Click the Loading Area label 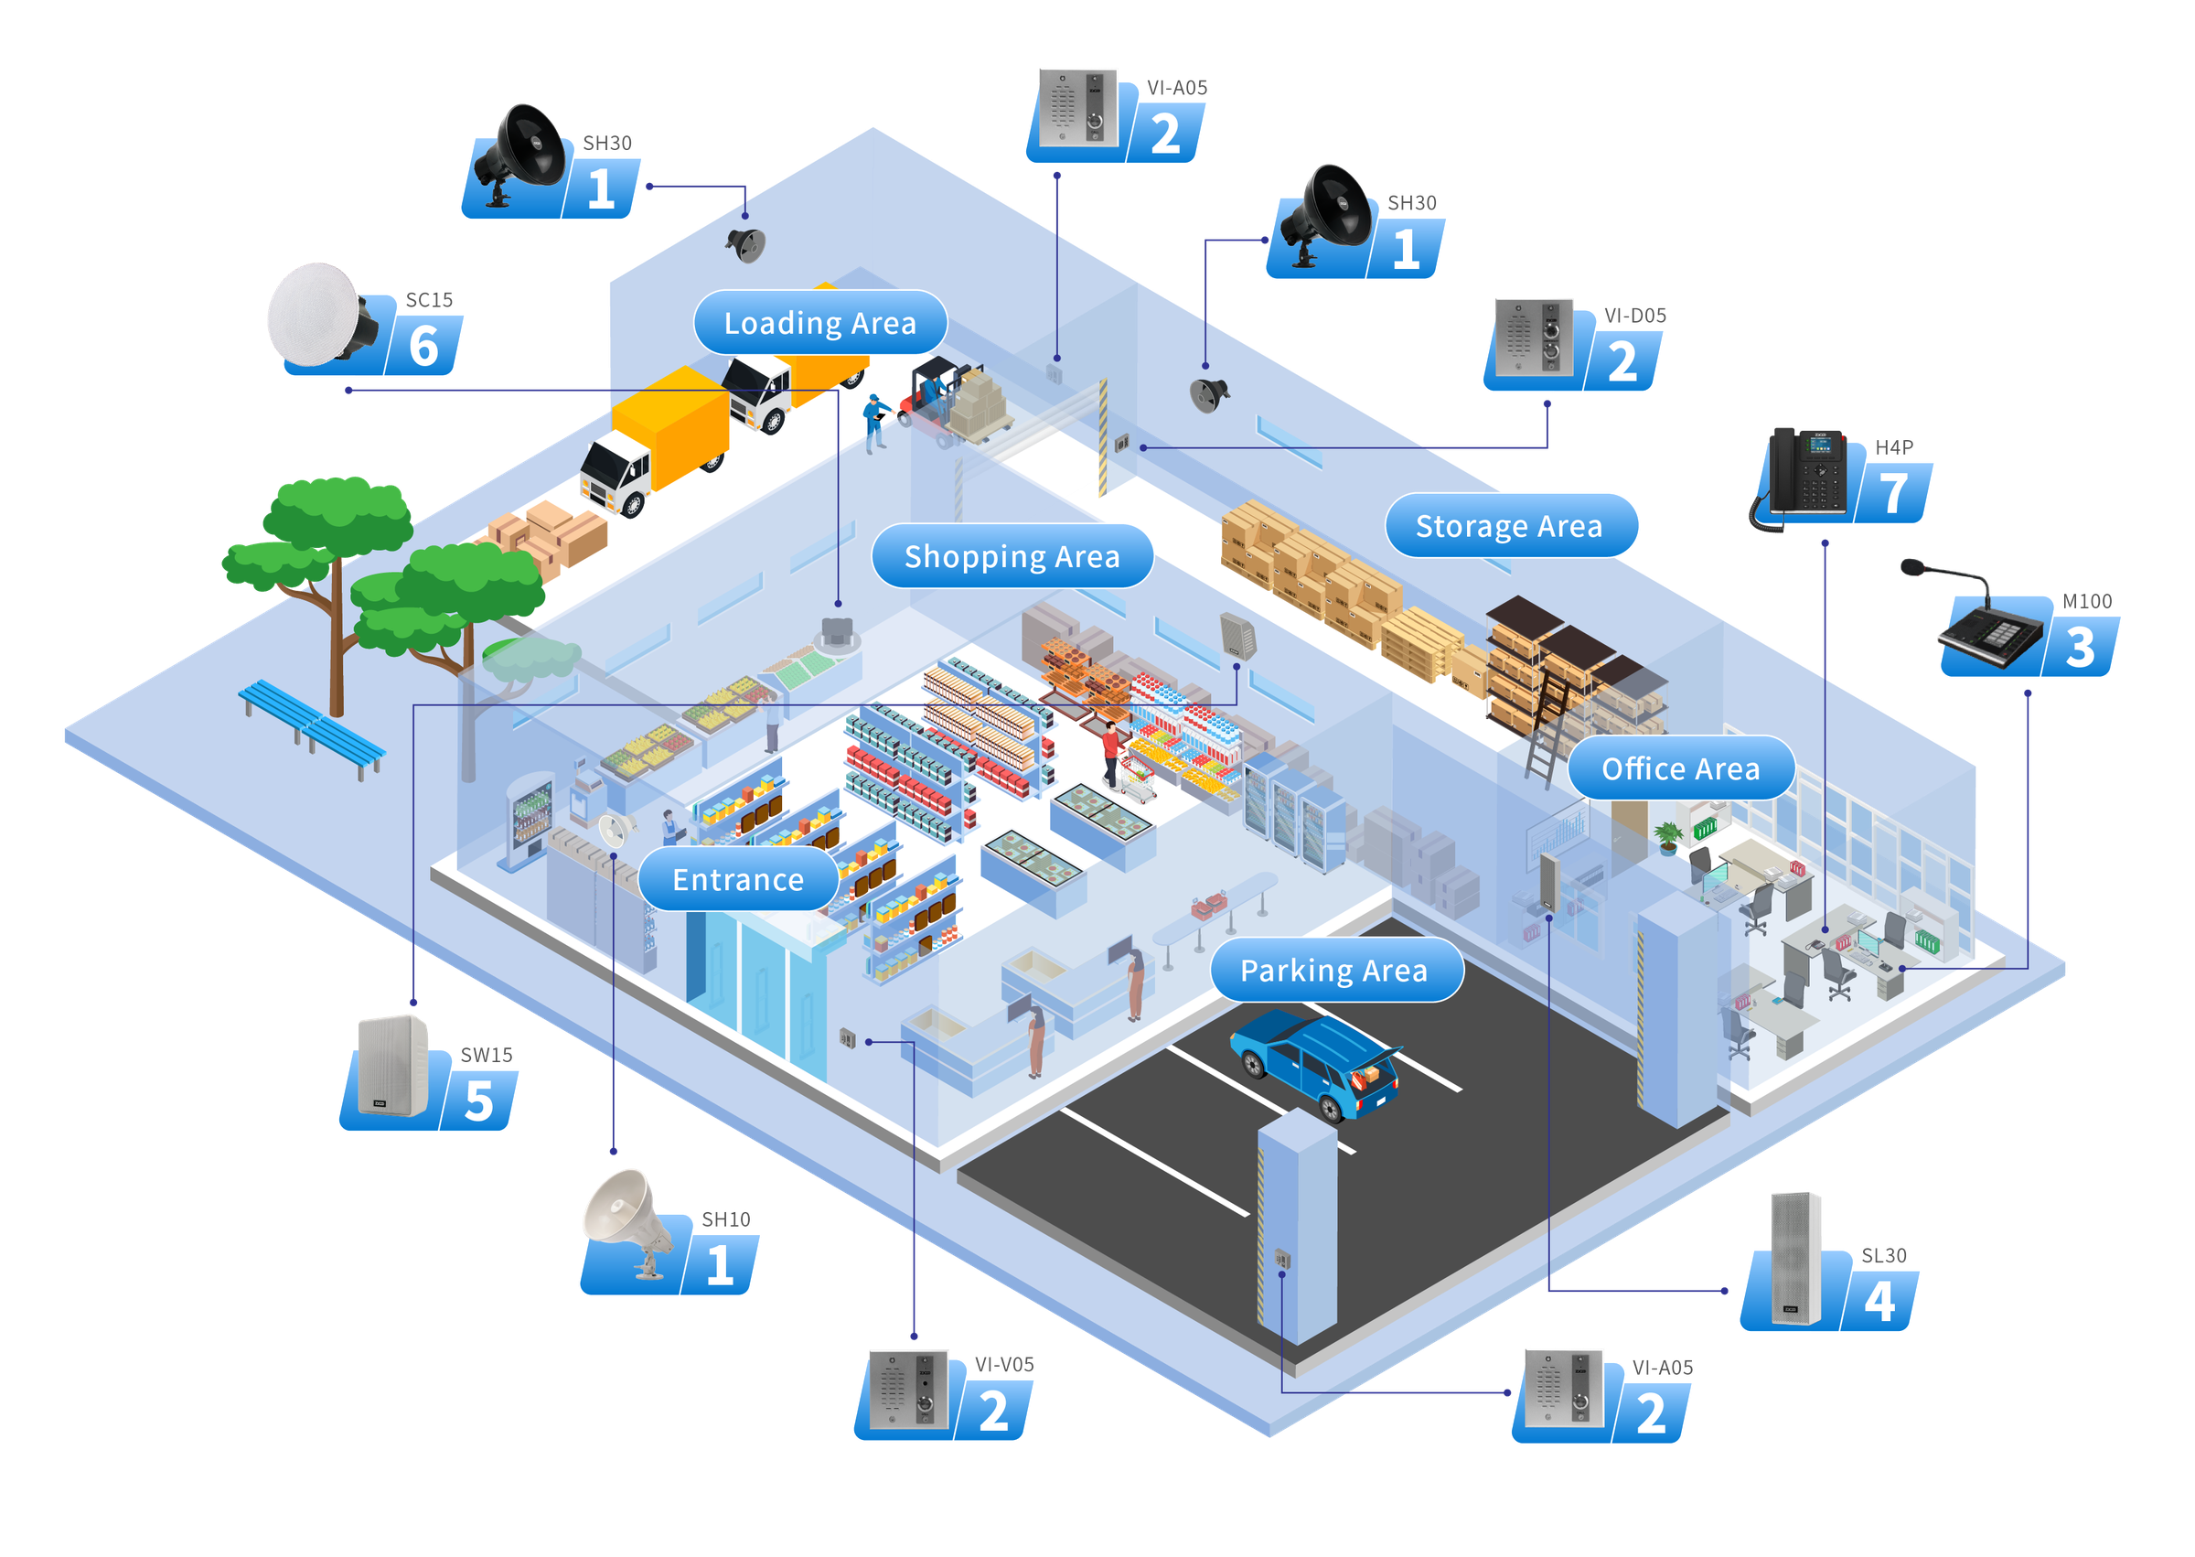click(x=819, y=323)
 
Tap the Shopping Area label click(x=1012, y=556)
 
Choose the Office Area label click(x=1680, y=768)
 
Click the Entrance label click(x=737, y=879)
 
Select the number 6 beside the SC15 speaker click(x=423, y=345)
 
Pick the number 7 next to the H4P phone click(x=1893, y=494)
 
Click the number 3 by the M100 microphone click(x=2079, y=647)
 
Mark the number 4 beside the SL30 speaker click(x=1879, y=1301)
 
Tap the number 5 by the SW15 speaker click(x=478, y=1101)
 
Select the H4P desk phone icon click(x=1805, y=476)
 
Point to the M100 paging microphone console click(x=1984, y=628)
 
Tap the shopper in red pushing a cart click(x=1111, y=753)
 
